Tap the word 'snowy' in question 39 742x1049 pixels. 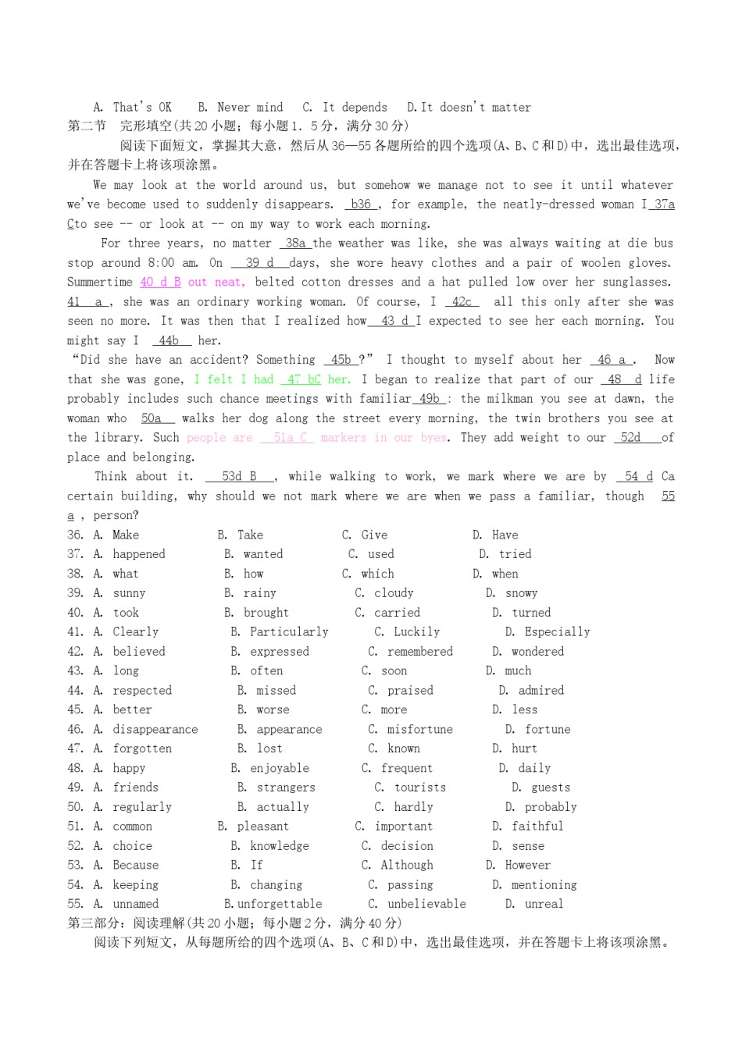click(521, 593)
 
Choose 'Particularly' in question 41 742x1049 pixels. click(289, 632)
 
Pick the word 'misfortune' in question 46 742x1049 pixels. click(419, 730)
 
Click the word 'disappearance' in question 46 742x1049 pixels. click(155, 730)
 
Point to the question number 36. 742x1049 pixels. click(75, 535)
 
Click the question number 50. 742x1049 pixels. click(75, 807)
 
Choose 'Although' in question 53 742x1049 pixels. click(406, 866)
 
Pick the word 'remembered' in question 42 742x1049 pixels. click(419, 652)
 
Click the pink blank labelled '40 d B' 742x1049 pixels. click(161, 283)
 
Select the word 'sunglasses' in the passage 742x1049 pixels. click(633, 283)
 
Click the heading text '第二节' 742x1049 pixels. click(87, 126)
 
